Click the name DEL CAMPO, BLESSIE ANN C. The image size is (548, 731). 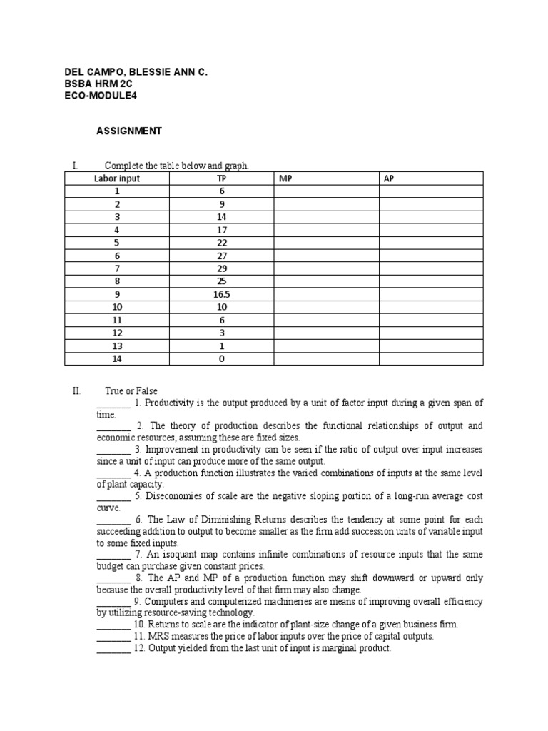[132, 72]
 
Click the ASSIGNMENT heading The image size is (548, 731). [129, 131]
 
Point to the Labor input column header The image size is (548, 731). [117, 178]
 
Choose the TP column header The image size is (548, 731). [221, 178]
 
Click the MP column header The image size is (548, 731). [283, 178]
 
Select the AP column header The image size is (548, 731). [389, 178]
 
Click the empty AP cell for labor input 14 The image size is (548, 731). [430, 359]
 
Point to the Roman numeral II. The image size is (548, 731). [77, 391]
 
